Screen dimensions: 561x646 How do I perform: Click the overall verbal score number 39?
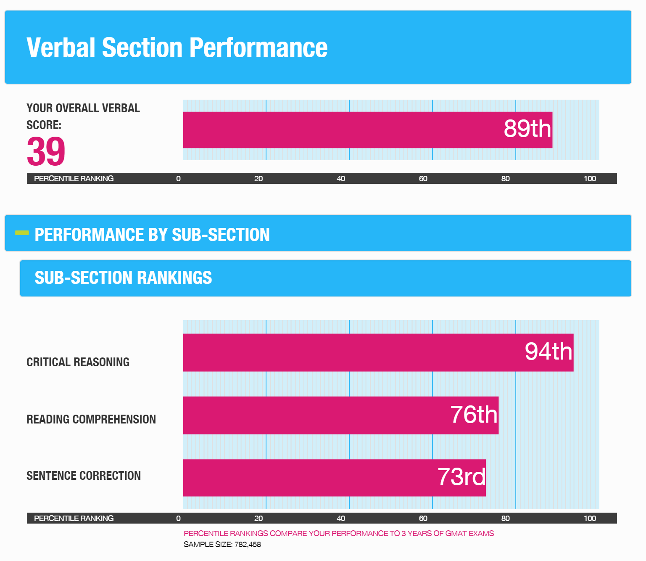coord(46,151)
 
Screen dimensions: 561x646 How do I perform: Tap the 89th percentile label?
coord(527,129)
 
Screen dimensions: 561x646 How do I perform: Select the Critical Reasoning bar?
coord(336,352)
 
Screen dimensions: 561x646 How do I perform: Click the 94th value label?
coord(548,352)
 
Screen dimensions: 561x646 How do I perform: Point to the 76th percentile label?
coord(474,415)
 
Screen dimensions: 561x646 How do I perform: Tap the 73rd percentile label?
coord(461,477)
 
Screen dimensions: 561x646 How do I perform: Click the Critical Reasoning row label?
coord(78,362)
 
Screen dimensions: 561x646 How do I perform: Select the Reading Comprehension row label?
coord(91,419)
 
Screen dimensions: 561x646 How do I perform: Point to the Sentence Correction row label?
coord(83,476)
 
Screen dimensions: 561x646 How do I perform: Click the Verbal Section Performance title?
coord(177,48)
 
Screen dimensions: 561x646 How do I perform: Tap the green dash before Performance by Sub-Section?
coord(22,233)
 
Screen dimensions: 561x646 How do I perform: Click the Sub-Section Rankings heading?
coord(123,278)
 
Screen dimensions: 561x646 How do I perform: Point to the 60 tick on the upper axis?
coord(423,179)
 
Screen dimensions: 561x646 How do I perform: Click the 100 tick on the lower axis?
coord(589,519)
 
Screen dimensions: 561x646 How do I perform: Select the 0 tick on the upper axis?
coord(178,179)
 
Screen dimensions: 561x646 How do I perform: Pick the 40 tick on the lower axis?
coord(340,519)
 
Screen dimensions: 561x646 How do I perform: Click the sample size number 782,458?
coord(247,545)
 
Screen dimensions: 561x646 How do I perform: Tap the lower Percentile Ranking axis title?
coord(74,519)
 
